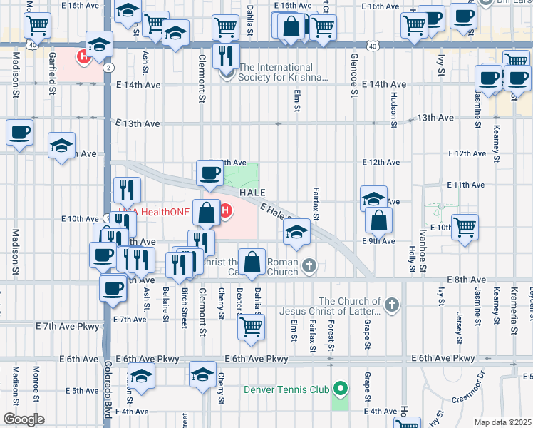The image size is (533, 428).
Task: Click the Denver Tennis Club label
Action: tap(286, 389)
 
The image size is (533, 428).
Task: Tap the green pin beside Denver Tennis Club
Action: tap(341, 389)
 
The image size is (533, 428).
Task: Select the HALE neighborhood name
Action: tap(252, 193)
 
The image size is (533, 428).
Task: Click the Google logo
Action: tap(24, 419)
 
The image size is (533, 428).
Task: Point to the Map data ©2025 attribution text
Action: tap(503, 422)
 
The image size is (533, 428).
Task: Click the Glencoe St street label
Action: tap(354, 75)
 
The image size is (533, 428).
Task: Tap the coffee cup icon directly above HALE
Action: tap(209, 174)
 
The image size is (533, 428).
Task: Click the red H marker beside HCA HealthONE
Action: tap(227, 211)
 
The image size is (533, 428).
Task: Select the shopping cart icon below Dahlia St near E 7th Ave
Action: tap(251, 327)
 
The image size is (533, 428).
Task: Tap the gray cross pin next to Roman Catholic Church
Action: tap(309, 267)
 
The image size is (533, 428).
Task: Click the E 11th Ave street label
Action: tap(465, 185)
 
